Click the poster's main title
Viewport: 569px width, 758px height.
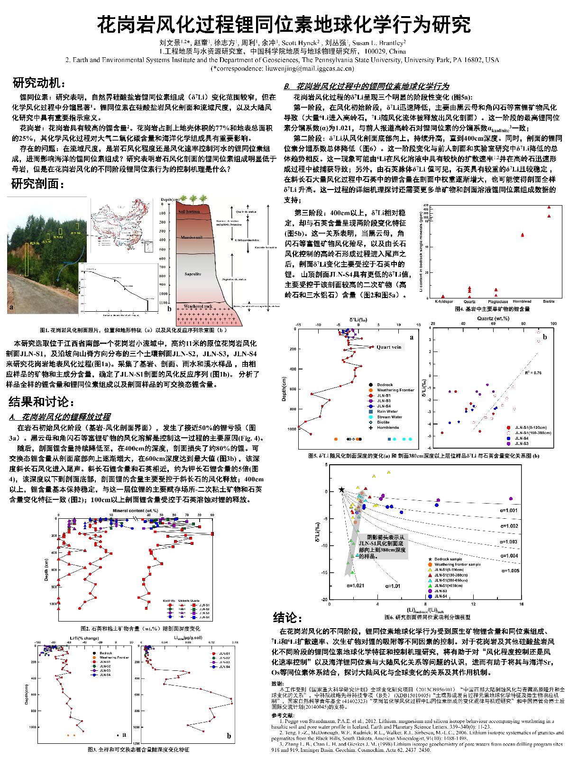tap(284, 24)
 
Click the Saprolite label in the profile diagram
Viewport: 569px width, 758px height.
tap(193, 274)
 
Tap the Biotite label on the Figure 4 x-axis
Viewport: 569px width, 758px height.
tap(549, 301)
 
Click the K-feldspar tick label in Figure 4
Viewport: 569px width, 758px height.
tap(443, 301)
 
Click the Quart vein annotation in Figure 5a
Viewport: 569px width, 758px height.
tap(389, 347)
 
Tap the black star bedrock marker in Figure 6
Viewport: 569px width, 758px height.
tap(341, 489)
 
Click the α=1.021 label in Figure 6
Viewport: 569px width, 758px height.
tap(355, 586)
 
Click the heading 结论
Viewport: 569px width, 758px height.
tap(288, 618)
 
